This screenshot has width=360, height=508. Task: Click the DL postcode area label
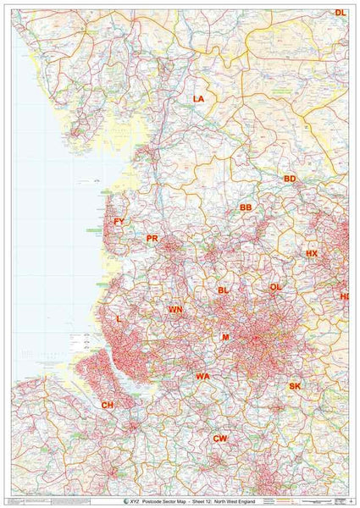tap(340, 13)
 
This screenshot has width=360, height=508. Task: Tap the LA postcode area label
tap(198, 99)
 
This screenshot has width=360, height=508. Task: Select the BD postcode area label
tap(290, 179)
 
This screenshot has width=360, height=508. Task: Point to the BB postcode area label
tap(246, 207)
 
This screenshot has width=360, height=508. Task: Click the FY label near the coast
tap(119, 222)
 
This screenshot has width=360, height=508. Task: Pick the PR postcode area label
tap(152, 239)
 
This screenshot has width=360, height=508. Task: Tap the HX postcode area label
tap(312, 254)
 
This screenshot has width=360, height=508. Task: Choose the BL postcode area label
tap(224, 290)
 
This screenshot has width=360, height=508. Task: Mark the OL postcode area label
tap(275, 287)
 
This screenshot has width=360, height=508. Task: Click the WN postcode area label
tap(174, 310)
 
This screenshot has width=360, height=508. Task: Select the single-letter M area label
tap(225, 337)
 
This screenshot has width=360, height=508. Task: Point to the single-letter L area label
tap(115, 319)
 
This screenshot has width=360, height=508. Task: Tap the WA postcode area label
tap(202, 376)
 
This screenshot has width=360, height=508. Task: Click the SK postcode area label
tap(295, 386)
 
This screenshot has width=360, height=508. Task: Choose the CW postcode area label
tap(220, 438)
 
